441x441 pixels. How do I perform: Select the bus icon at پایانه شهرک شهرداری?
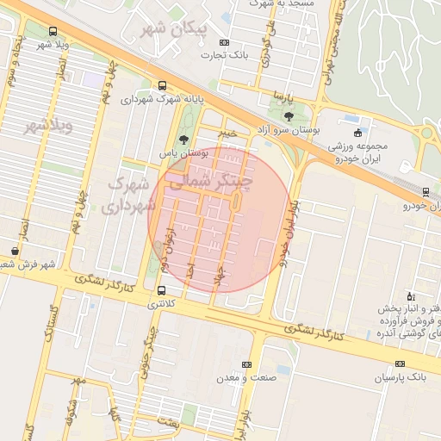[162, 85]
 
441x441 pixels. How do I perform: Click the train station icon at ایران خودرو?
[426, 191]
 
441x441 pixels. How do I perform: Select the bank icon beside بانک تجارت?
[225, 41]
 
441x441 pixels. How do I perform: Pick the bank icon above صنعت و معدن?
[246, 364]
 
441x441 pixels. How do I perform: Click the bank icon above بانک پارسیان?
[400, 363]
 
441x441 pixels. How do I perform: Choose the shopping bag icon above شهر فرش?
[16, 251]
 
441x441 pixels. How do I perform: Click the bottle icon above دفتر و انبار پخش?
[410, 295]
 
